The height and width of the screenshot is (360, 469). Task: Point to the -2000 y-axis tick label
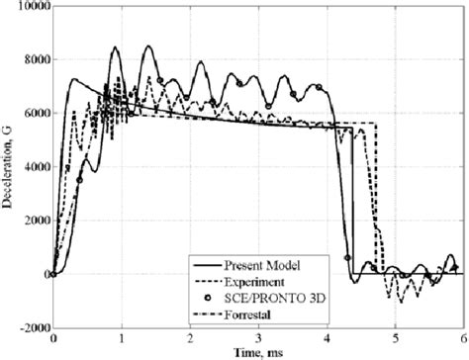[x=31, y=326]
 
